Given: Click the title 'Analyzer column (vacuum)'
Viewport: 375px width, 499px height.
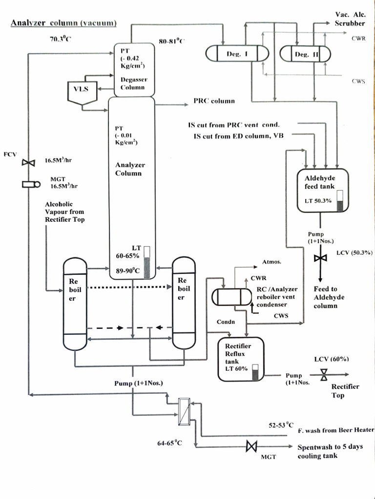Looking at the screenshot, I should coord(63,23).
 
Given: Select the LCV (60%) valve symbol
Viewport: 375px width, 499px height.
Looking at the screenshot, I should coord(323,375).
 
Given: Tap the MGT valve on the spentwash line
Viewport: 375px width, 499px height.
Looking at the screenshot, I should coord(252,446).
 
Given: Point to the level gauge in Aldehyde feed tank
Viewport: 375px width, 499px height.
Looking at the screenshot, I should coord(340,201).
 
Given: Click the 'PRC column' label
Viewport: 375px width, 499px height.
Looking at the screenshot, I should coord(214,101).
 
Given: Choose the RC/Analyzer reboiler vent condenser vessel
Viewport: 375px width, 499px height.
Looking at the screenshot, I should coord(230,297).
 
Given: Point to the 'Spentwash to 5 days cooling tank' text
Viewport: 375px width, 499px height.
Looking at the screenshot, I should coord(330,451).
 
